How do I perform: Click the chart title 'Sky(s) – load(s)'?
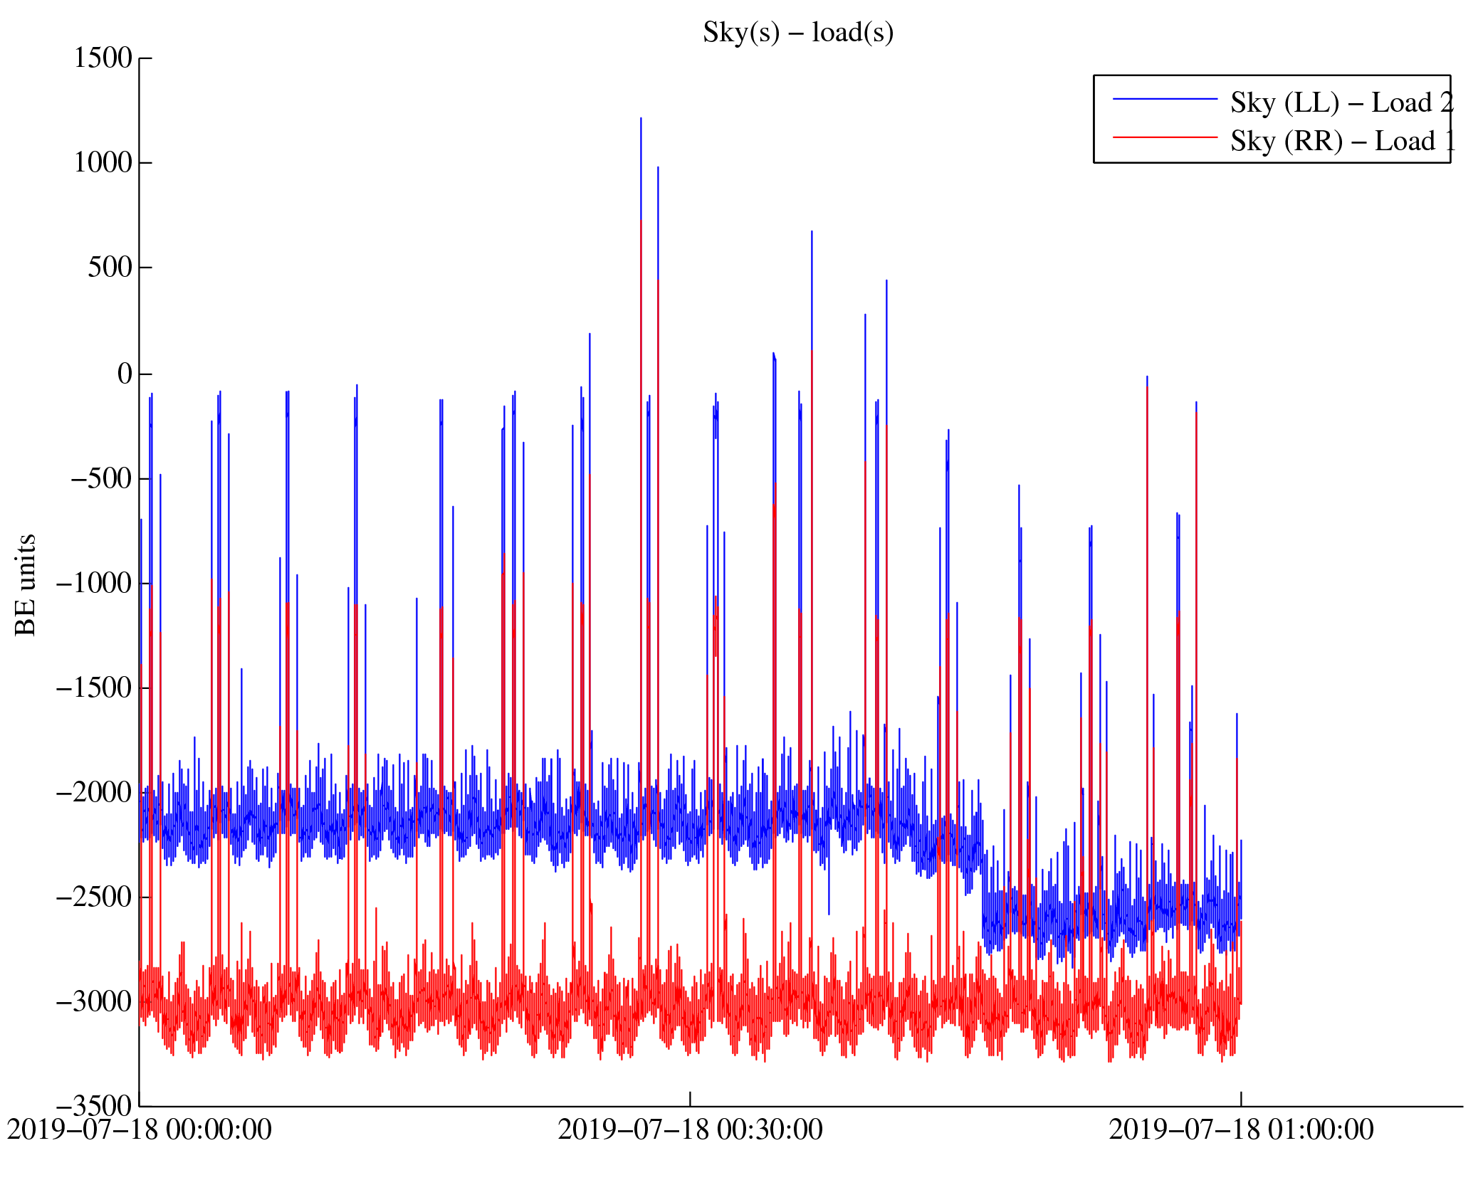(x=797, y=33)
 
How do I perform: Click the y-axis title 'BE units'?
(x=26, y=584)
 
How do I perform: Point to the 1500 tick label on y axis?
(x=103, y=58)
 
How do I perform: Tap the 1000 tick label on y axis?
(x=103, y=163)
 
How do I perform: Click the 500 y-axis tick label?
(x=110, y=268)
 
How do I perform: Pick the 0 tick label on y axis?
(x=125, y=373)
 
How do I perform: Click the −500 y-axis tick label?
(x=101, y=478)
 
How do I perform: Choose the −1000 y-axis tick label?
(x=94, y=583)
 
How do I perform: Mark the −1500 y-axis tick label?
(x=94, y=688)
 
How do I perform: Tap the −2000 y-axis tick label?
(x=94, y=792)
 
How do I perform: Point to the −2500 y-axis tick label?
(x=94, y=897)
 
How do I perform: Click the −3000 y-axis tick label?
(x=94, y=1001)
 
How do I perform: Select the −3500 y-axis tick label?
(x=94, y=1106)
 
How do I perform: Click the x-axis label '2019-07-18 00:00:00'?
(x=140, y=1130)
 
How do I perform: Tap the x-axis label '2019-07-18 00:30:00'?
(x=690, y=1130)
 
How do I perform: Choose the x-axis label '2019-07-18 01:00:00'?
(x=1241, y=1130)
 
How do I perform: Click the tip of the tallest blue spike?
(x=641, y=119)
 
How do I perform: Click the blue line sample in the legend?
(x=1165, y=99)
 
